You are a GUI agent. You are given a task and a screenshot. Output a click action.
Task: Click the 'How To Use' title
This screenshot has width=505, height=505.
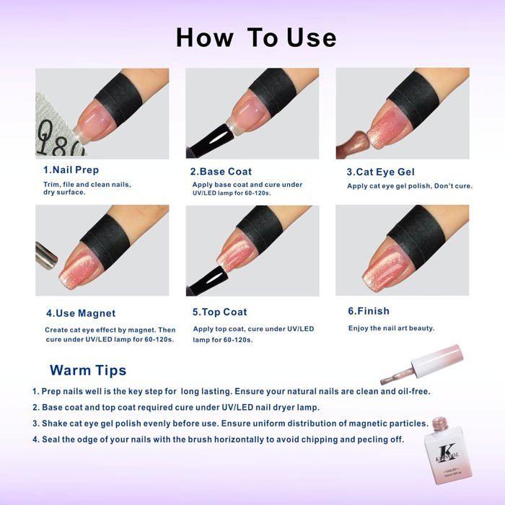coord(256,38)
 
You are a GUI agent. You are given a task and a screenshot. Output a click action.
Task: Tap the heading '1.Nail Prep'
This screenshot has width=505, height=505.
coord(71,170)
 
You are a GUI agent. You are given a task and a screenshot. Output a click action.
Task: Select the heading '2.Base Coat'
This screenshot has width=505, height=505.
coord(221,172)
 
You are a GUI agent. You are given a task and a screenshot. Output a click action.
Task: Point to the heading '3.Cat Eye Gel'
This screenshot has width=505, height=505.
coord(381,172)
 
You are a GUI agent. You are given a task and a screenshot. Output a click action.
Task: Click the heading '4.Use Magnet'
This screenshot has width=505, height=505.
coord(81,313)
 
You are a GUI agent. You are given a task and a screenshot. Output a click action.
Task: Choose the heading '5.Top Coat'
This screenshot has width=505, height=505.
coord(220,312)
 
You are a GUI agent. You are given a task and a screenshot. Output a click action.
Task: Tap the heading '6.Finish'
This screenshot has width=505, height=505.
coord(369,311)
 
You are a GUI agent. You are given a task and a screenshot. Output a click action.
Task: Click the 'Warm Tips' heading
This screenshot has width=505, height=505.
coord(88,370)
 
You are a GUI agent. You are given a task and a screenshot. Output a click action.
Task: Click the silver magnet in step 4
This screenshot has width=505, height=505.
coord(45,255)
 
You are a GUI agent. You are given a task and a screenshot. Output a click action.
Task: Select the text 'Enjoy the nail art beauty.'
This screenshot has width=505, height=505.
coord(391,328)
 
